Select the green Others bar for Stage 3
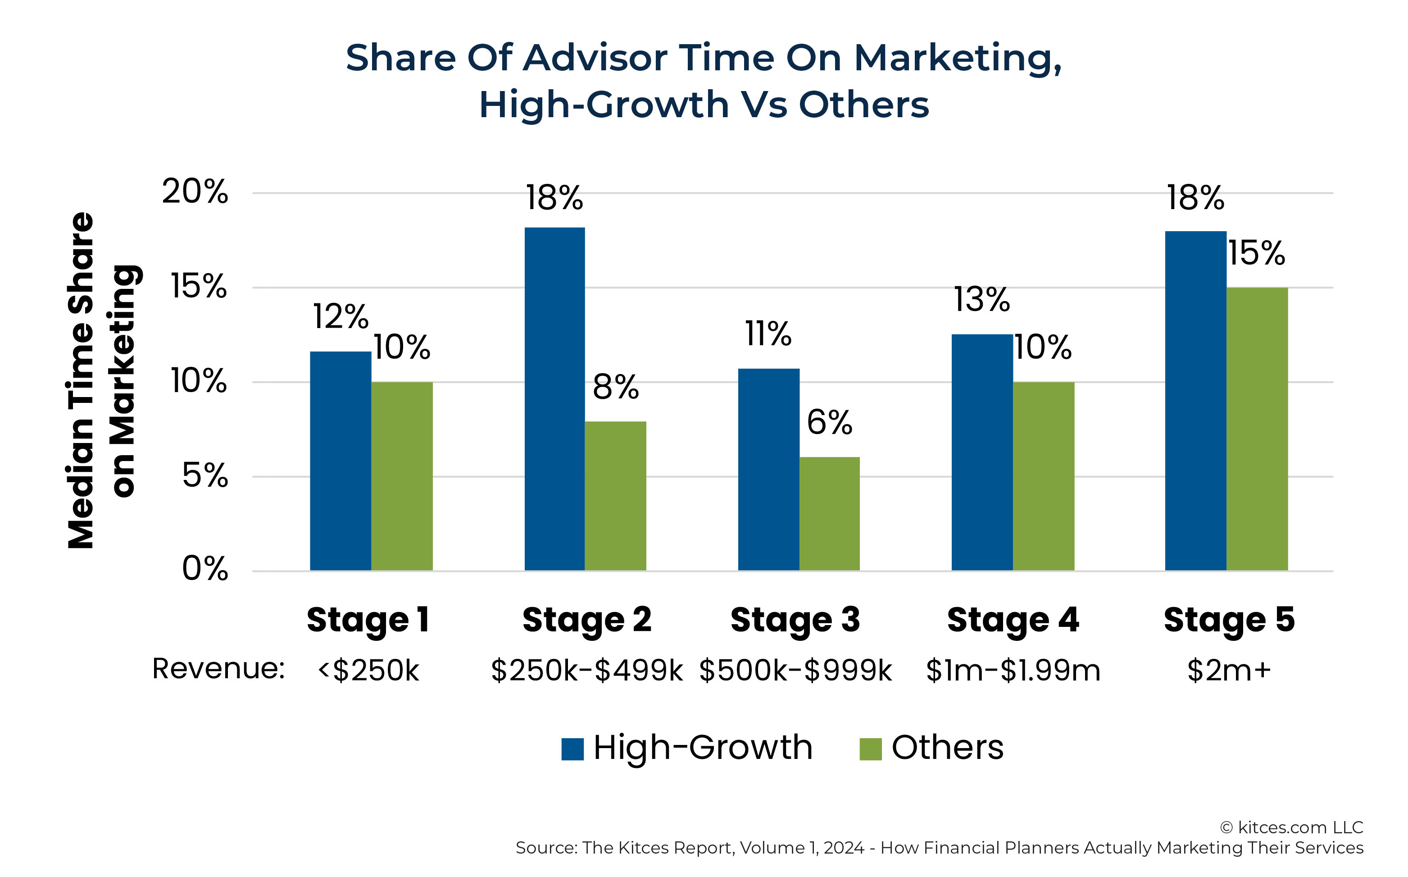click(x=830, y=514)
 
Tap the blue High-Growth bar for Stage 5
click(x=1195, y=401)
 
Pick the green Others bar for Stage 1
click(x=402, y=476)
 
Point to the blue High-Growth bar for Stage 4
click(x=982, y=452)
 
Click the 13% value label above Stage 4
click(x=982, y=300)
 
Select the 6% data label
click(x=830, y=422)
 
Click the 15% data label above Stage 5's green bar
click(x=1257, y=253)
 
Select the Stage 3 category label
click(x=795, y=620)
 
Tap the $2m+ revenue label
click(x=1229, y=671)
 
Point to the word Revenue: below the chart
click(x=218, y=668)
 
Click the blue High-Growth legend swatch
click(x=572, y=749)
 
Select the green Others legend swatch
click(x=871, y=749)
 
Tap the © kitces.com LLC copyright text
click(x=1291, y=827)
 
